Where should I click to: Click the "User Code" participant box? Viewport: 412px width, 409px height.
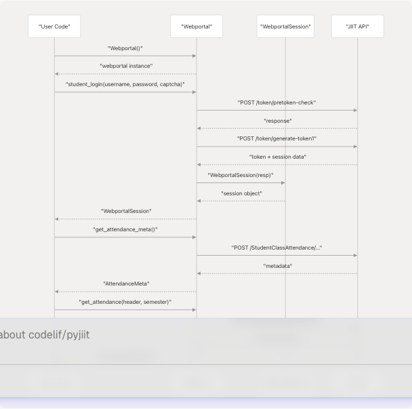54,26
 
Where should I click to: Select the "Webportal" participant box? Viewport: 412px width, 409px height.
197,26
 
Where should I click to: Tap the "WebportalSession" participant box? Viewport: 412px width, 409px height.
285,26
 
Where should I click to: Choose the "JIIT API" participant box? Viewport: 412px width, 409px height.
357,26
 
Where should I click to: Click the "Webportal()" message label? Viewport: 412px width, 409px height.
125,48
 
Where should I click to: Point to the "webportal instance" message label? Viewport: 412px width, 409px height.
125,66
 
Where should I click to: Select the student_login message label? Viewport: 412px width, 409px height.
125,84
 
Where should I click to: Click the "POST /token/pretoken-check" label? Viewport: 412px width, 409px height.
276,102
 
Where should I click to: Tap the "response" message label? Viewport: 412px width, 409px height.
277,121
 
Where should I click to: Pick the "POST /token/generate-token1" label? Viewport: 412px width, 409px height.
276,138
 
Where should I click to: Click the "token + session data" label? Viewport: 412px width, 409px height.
277,157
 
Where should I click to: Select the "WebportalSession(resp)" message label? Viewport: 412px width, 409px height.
241,175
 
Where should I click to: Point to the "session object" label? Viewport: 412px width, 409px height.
241,193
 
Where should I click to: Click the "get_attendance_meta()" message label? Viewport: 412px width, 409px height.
125,229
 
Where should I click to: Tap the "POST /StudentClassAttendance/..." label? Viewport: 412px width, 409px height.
276,248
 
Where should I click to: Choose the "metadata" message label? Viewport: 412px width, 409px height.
277,266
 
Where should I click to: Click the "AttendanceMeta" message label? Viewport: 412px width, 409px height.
126,284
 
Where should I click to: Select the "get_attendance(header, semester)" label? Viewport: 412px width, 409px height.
125,302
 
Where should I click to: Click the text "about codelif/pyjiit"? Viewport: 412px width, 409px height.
45,335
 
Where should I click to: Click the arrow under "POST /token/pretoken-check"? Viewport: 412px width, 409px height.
276,110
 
